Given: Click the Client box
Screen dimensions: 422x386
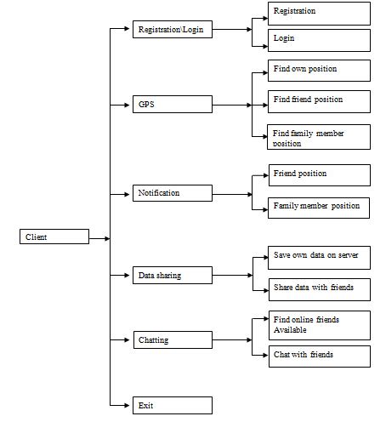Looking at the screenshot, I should [x=53, y=237].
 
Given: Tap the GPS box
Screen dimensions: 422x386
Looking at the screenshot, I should [x=173, y=105].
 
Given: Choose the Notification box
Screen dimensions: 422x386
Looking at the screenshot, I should [x=173, y=194].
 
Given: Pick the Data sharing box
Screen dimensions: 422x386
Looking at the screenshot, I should [x=173, y=276].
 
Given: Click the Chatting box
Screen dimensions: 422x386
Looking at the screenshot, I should [x=173, y=340].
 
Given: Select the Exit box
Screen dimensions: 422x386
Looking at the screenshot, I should [x=173, y=406].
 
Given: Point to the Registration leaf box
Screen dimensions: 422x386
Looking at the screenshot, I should [x=319, y=13].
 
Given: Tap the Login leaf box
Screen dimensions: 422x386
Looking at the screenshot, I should [x=319, y=40].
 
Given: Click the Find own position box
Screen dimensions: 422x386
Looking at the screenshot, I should [x=319, y=70].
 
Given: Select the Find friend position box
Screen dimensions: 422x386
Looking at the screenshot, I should [x=319, y=101].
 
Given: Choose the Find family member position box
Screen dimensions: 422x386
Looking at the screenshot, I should [x=319, y=137].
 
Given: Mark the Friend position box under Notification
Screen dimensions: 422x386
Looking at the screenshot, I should [x=319, y=175].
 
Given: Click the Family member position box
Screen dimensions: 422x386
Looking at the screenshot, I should [x=319, y=207].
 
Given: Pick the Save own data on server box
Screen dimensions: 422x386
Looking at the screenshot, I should [x=319, y=257].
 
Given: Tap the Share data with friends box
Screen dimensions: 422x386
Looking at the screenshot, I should [x=319, y=288].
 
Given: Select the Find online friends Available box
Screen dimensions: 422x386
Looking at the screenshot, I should [x=319, y=325].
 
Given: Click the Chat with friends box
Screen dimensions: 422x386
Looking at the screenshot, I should [x=319, y=356].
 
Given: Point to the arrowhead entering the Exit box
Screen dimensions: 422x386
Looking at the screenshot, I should [x=128, y=406].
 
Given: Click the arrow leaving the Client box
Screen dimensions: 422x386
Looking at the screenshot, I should [x=99, y=238].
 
